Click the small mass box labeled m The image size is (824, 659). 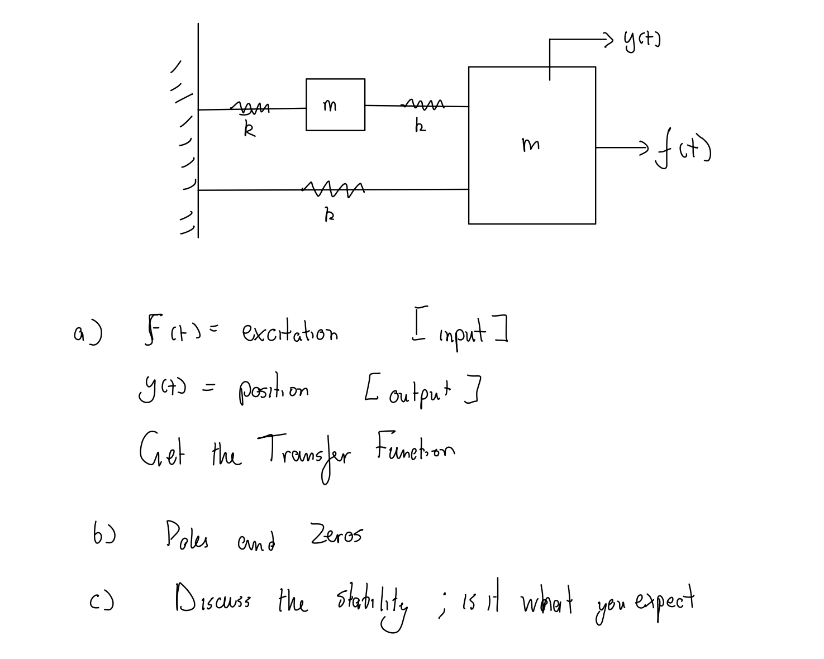pyautogui.click(x=335, y=105)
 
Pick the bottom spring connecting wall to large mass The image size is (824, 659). pyautogui.click(x=332, y=189)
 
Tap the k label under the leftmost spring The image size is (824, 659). pyautogui.click(x=250, y=130)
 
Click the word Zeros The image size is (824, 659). pyautogui.click(x=335, y=534)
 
